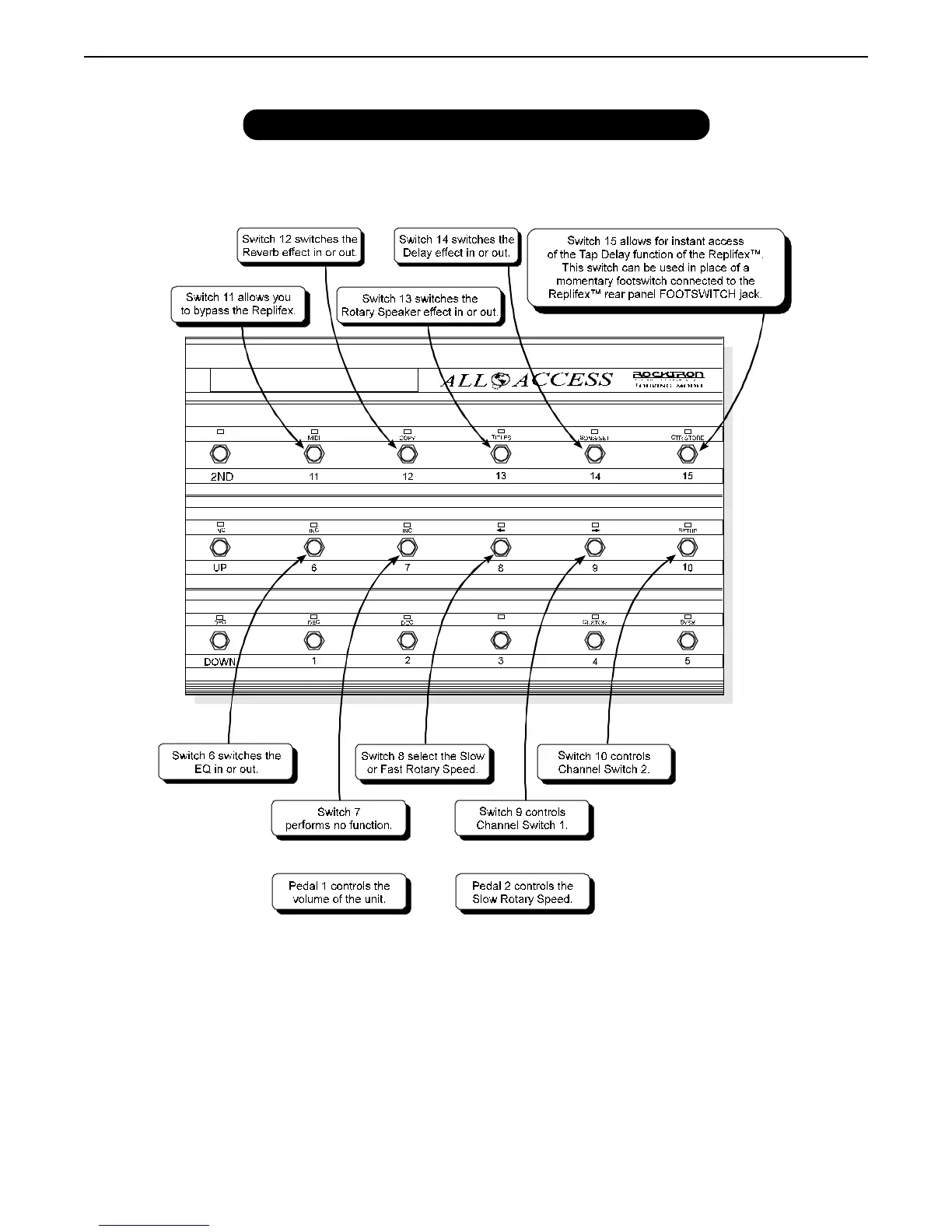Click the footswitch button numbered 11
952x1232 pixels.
[313, 454]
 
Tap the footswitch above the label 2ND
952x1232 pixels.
[220, 454]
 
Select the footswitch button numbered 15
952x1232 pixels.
[688, 454]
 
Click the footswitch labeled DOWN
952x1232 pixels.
[220, 640]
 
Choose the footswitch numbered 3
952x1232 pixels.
[501, 640]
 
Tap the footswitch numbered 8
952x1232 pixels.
[501, 548]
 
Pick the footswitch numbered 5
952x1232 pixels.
[688, 640]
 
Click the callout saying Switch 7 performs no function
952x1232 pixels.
[339, 818]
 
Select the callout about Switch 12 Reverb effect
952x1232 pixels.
[299, 246]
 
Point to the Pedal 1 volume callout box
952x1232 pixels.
[339, 892]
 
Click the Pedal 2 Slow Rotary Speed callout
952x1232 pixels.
[523, 892]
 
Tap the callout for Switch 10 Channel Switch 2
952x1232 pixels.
[604, 762]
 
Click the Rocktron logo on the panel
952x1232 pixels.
[668, 376]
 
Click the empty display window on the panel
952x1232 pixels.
[313, 380]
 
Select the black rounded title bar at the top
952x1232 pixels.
[476, 124]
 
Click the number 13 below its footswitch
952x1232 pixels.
[501, 476]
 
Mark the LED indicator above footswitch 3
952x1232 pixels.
[501, 617]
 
